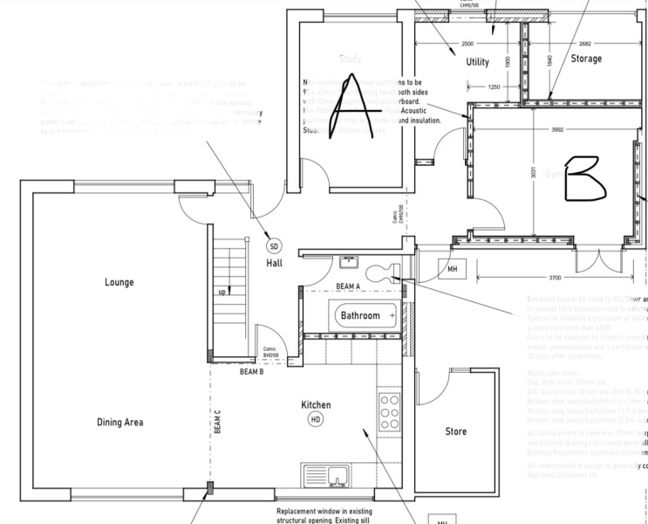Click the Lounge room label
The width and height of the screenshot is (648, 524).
pyautogui.click(x=119, y=282)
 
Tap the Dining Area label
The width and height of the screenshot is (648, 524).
pyautogui.click(x=119, y=423)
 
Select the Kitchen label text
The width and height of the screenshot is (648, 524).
pyautogui.click(x=316, y=405)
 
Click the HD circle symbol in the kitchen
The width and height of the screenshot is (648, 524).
pyautogui.click(x=316, y=421)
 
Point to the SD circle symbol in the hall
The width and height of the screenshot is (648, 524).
pyautogui.click(x=273, y=245)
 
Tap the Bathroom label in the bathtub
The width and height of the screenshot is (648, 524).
pyautogui.click(x=360, y=314)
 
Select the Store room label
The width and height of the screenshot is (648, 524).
pyautogui.click(x=455, y=431)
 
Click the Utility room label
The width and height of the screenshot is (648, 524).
pyautogui.click(x=477, y=62)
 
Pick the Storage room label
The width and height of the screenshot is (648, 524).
pyautogui.click(x=586, y=59)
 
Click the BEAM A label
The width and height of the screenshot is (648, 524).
pyautogui.click(x=349, y=286)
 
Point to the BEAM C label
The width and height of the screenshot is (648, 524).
pyautogui.click(x=217, y=423)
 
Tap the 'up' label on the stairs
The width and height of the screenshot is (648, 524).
pyautogui.click(x=222, y=292)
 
